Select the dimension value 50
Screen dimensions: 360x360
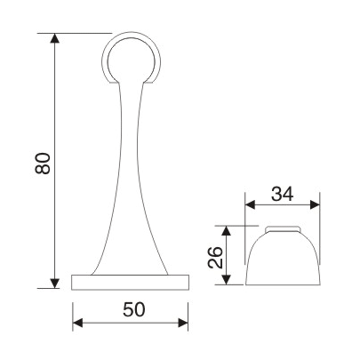132,310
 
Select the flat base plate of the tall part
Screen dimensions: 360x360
132,283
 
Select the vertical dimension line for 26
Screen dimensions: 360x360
230,267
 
